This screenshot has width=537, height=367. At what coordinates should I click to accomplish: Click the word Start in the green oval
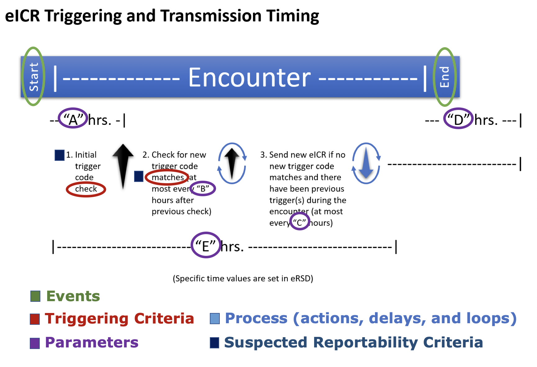(34, 77)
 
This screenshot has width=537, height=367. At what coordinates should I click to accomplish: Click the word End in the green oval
(444, 77)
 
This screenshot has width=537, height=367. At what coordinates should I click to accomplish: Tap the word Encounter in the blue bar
(249, 77)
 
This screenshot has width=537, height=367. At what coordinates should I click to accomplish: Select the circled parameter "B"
(203, 188)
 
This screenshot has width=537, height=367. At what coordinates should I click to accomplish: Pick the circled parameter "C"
(300, 223)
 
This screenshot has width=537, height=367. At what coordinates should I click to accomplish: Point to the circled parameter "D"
(458, 120)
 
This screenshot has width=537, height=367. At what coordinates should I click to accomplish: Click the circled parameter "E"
(205, 246)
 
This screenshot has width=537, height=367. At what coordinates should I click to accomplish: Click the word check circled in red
(86, 189)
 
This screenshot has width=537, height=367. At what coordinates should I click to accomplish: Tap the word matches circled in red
(168, 177)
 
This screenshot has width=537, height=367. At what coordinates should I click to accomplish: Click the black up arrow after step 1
(123, 165)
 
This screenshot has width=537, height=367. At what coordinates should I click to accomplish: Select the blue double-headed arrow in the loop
(366, 163)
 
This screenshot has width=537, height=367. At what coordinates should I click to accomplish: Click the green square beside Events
(35, 296)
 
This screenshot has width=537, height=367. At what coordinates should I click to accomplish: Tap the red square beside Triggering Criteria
(35, 319)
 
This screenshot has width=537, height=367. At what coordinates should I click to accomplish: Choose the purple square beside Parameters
(35, 343)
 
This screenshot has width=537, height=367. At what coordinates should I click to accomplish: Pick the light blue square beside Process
(215, 319)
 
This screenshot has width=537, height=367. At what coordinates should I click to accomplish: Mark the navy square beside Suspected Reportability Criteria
(214, 343)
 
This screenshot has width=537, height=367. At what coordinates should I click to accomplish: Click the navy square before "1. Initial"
(60, 155)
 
